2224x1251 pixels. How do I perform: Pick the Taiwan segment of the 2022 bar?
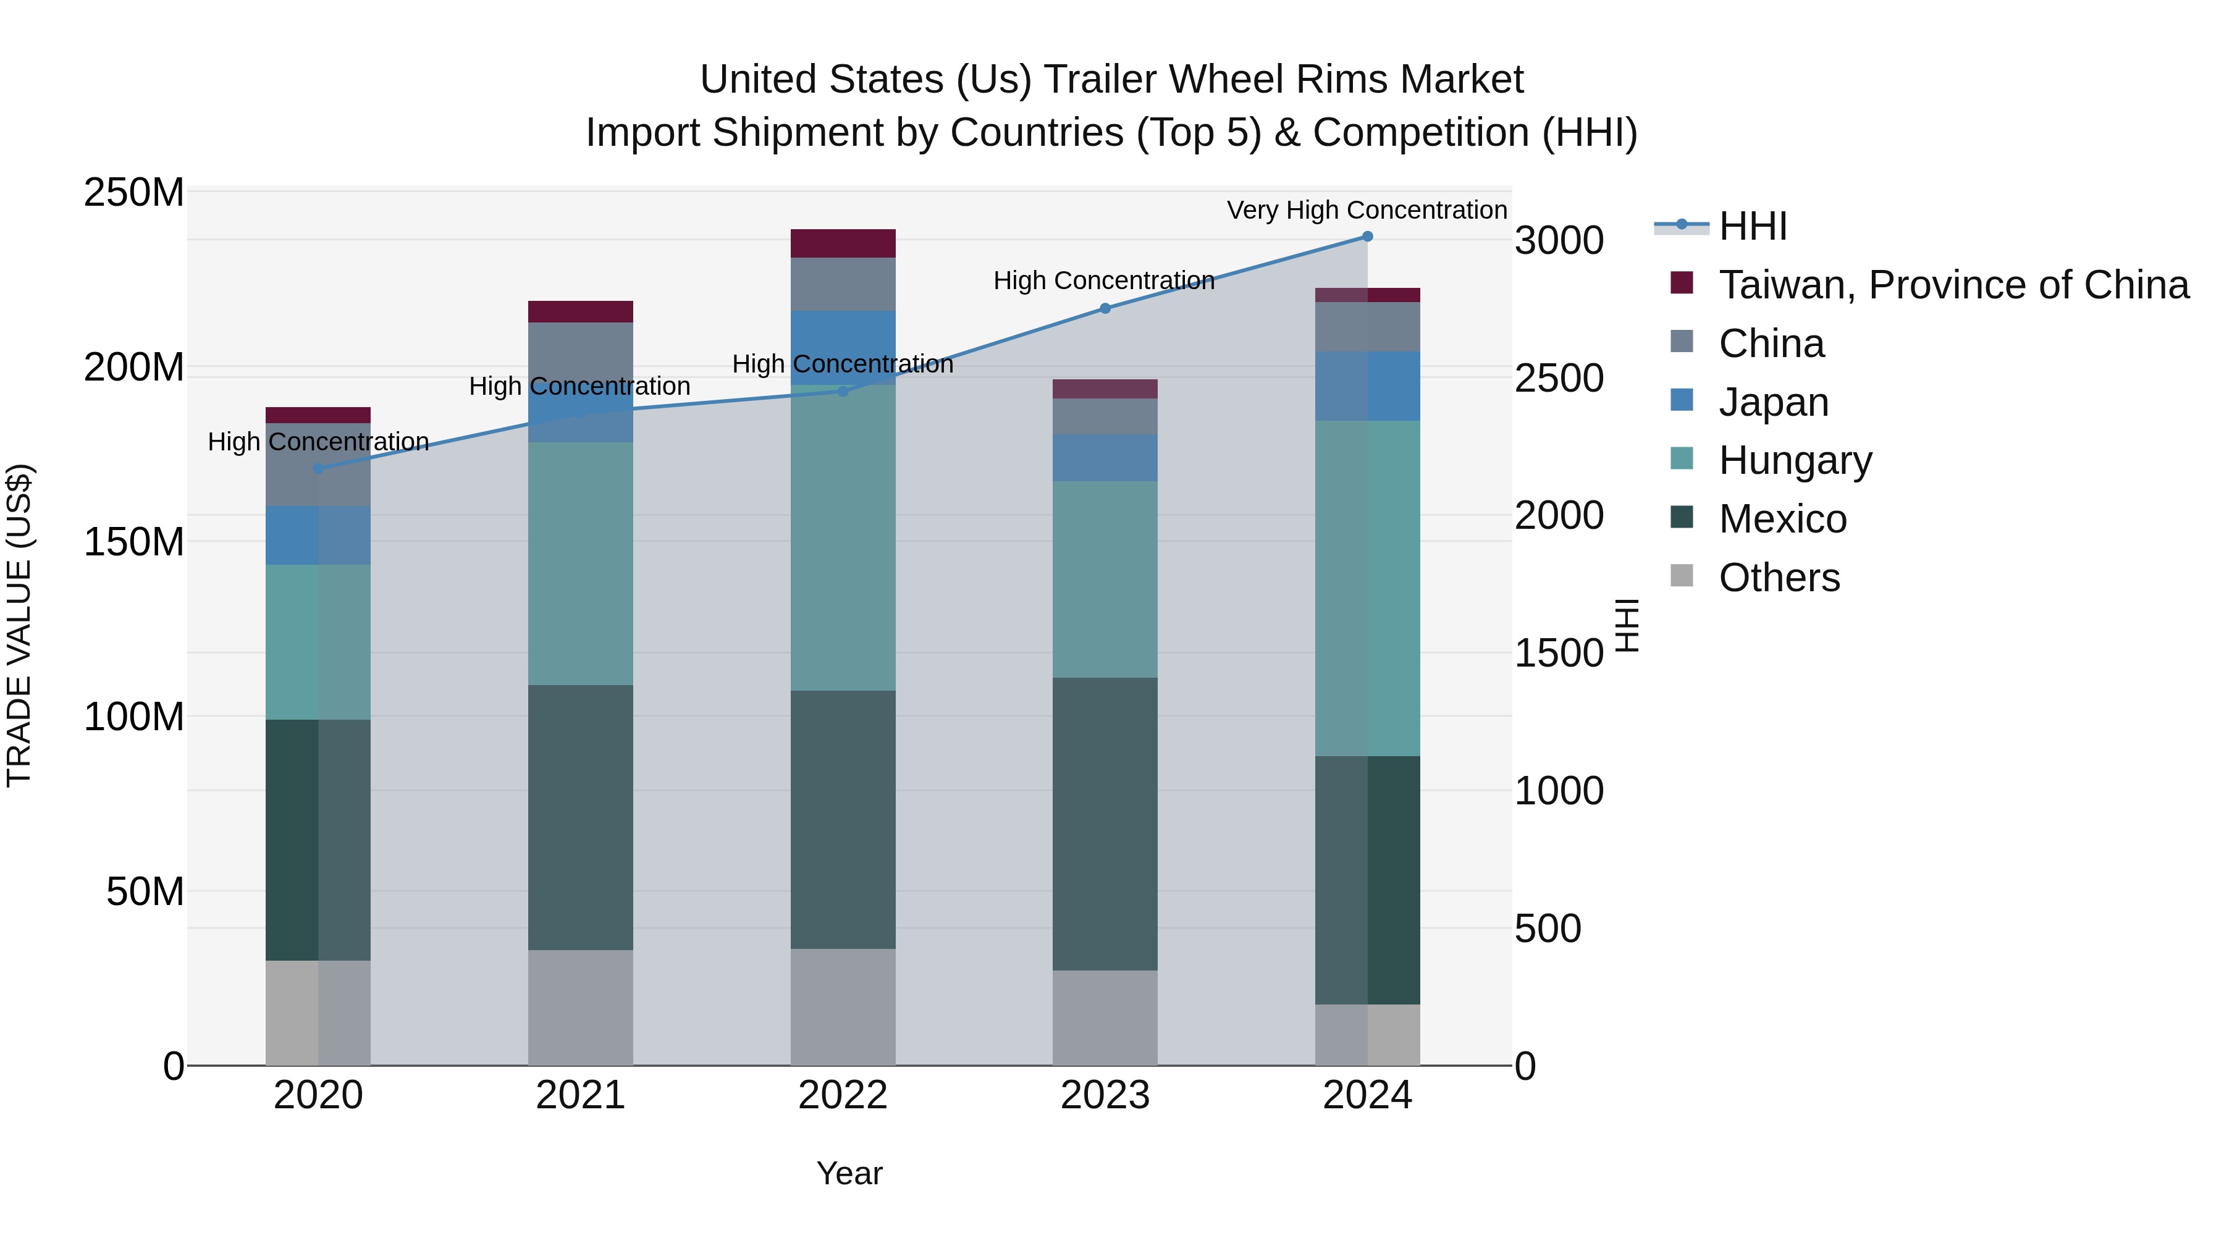pyautogui.click(x=843, y=243)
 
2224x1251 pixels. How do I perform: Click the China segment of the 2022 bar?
pyautogui.click(x=843, y=284)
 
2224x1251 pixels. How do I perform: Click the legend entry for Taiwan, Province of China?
pyautogui.click(x=1953, y=285)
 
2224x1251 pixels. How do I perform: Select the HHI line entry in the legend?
pyautogui.click(x=1753, y=226)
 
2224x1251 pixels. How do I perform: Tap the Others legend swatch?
pyautogui.click(x=1682, y=576)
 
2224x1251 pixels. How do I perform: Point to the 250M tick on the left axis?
pyautogui.click(x=134, y=193)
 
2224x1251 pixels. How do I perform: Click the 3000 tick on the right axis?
pyautogui.click(x=1559, y=241)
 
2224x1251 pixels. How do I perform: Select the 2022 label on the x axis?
pyautogui.click(x=843, y=1095)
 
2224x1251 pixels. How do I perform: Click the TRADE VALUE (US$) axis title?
pyautogui.click(x=20, y=625)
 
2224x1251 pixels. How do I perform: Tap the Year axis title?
pyautogui.click(x=849, y=1173)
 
